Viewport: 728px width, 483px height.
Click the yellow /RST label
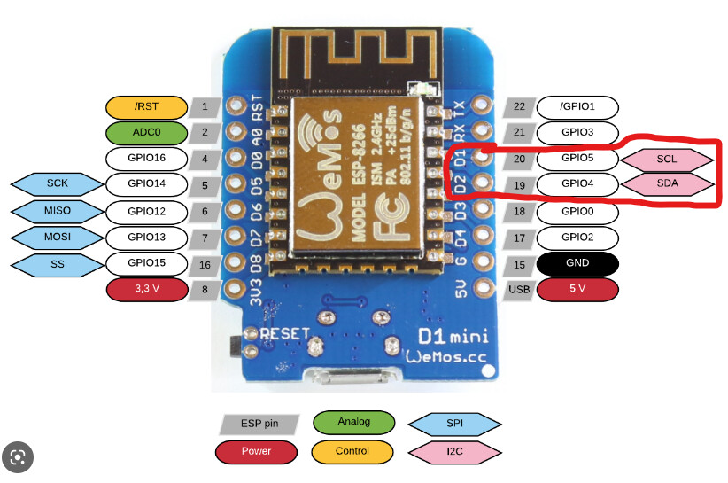(x=147, y=107)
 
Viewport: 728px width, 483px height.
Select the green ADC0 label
(x=147, y=133)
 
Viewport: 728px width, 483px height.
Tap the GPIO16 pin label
(x=147, y=159)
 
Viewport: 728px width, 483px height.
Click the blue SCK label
(x=57, y=184)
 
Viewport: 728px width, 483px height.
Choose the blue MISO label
(x=57, y=211)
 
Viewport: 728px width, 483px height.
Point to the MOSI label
(x=57, y=237)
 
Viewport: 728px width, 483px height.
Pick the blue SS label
(x=57, y=263)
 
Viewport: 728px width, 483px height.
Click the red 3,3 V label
(x=147, y=289)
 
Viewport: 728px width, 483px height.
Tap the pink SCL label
(x=669, y=159)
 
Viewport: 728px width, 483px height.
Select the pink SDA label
(x=669, y=184)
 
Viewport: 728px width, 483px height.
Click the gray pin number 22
(x=519, y=107)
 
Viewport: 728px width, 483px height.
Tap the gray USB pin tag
(x=519, y=289)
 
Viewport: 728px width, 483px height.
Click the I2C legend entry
(x=453, y=451)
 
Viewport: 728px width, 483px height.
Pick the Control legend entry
(x=352, y=451)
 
